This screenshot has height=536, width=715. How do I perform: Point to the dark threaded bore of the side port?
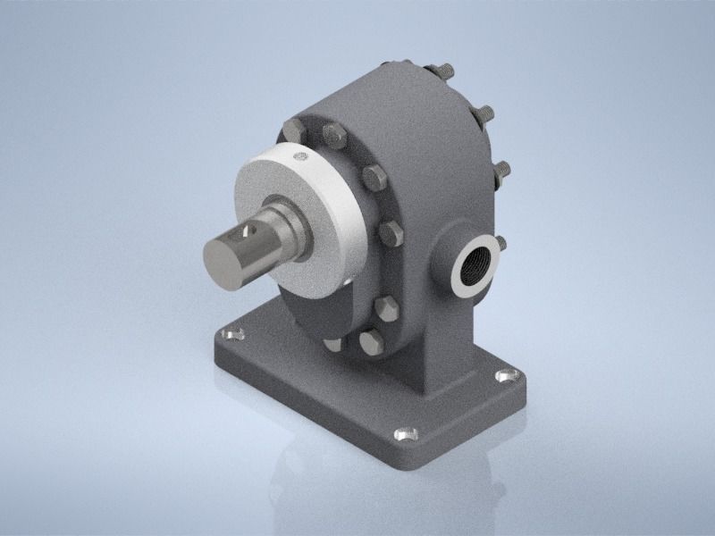pos(472,266)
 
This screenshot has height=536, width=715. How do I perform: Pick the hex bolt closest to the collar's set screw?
pos(334,137)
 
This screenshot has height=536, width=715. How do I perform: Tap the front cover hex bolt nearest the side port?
pos(391,234)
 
